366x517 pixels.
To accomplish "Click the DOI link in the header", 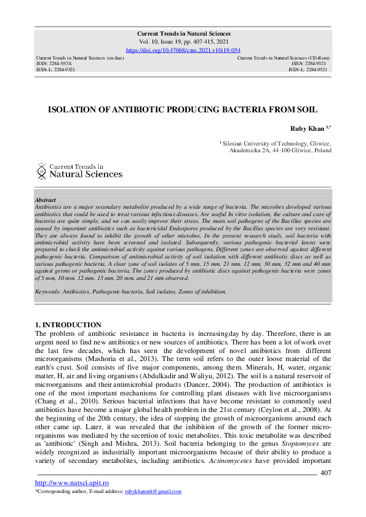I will pyautogui.click(x=183, y=50).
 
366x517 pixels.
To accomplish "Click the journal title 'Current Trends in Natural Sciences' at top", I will pyautogui.click(x=183, y=34).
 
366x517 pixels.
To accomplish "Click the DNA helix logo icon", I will pyautogui.click(x=41, y=170).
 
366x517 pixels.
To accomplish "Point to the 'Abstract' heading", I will pyautogui.click(x=46, y=200).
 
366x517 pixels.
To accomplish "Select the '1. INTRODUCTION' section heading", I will pyautogui.click(x=68, y=324).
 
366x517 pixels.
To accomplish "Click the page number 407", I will pyautogui.click(x=327, y=472).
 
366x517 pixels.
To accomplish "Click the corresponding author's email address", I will pyautogui.click(x=153, y=492).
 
